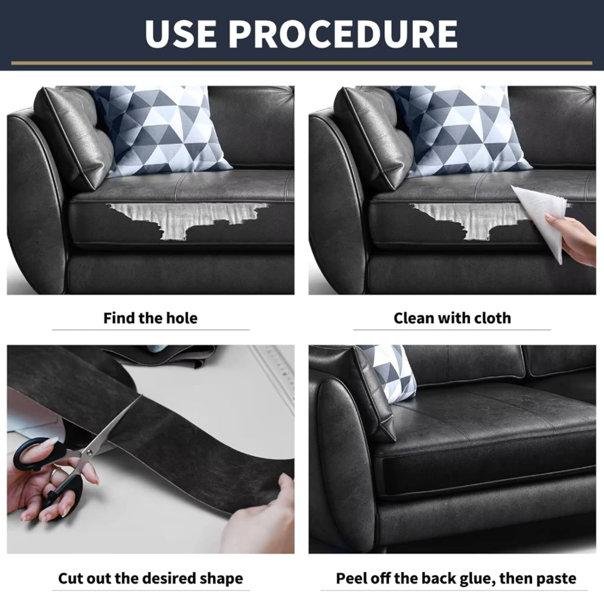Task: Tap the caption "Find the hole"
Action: [x=150, y=318]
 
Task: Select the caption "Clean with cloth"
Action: [x=452, y=318]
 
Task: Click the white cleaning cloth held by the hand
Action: [x=539, y=220]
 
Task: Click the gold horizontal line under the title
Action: [x=301, y=63]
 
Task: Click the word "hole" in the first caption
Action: [x=181, y=318]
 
